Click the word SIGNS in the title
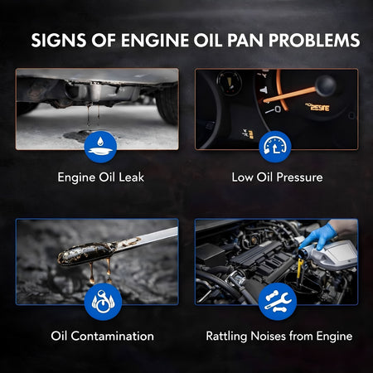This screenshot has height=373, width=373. (59, 41)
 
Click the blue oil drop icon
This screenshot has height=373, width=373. (100, 147)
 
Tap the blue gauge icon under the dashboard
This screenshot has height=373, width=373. (275, 147)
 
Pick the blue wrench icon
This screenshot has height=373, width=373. (278, 302)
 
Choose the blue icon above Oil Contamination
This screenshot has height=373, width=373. (103, 302)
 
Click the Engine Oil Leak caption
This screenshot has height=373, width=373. (101, 177)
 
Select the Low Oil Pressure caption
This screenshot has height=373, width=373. (277, 177)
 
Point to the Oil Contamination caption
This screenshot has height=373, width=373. (103, 337)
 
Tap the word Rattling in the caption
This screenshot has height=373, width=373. (226, 337)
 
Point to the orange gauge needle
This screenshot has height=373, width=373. (289, 95)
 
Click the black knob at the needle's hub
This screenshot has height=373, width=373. (326, 85)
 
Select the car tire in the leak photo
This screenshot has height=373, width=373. (167, 104)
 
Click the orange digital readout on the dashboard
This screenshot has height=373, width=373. (317, 107)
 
